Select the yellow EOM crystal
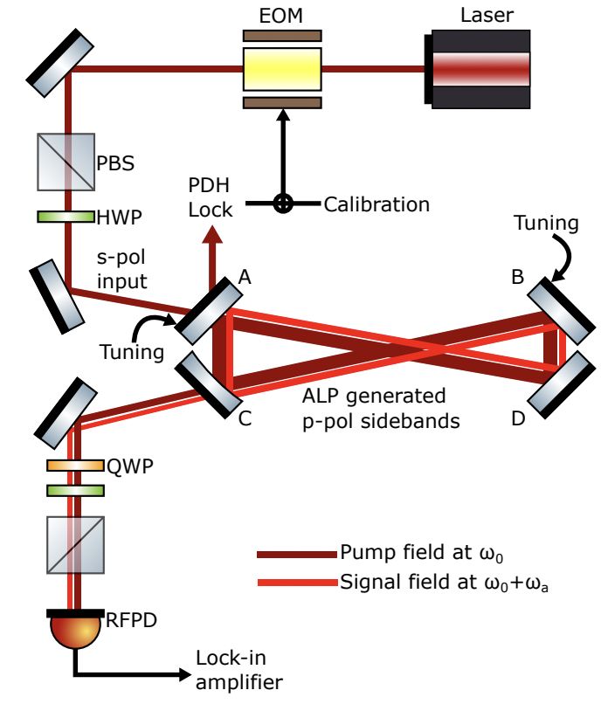(x=282, y=68)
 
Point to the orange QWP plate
(x=76, y=466)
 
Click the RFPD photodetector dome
(x=76, y=628)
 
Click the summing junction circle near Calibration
(x=283, y=204)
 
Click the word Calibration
(x=376, y=204)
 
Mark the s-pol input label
(x=122, y=269)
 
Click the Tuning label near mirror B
(x=546, y=224)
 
